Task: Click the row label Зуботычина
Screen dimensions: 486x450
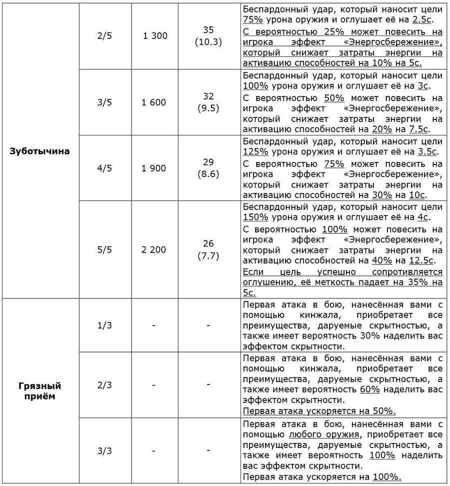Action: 40,151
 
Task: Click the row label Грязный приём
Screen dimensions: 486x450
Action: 40,391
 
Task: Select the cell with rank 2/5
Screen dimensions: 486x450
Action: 104,36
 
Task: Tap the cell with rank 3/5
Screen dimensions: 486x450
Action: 104,102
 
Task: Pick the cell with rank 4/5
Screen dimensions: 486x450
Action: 104,168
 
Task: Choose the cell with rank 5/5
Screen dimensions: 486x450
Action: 104,249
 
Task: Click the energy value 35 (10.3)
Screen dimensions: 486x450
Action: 208,36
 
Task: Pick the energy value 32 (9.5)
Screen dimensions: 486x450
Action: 208,102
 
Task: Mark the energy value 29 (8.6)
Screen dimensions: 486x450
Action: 208,168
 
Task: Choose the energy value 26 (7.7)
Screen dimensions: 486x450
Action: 208,249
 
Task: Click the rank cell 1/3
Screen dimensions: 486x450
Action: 104,325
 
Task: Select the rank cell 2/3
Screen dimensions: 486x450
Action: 104,385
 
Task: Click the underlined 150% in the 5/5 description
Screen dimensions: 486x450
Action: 255,217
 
